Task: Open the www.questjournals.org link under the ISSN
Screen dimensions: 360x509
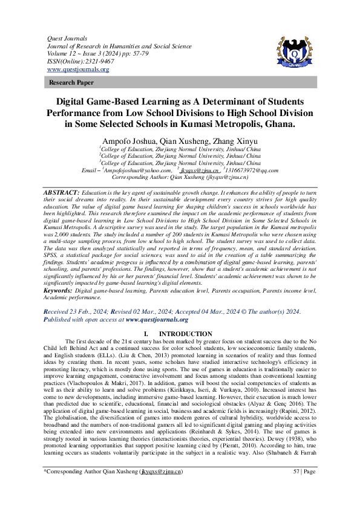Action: [78, 70]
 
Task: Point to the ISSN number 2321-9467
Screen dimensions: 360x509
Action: [91, 61]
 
